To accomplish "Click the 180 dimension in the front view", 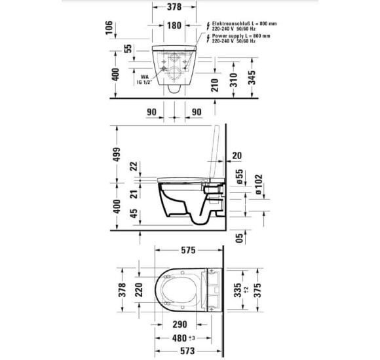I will [174, 26].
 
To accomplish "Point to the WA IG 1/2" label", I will [143, 78].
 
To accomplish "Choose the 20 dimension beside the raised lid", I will [237, 155].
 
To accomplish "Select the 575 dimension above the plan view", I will [188, 250].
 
